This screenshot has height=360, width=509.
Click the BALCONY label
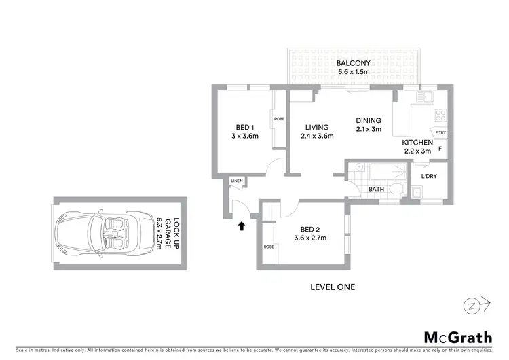[x=353, y=64]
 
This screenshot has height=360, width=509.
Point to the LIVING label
[x=317, y=127]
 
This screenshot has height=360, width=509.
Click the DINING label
[x=369, y=121]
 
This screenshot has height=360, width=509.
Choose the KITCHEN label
[x=417, y=142]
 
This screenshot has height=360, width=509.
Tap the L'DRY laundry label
[x=428, y=177]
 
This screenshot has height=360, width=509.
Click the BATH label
[x=377, y=190]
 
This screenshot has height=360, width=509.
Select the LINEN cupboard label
[x=237, y=181]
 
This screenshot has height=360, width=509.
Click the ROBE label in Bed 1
[x=279, y=119]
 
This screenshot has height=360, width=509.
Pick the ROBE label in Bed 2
[x=269, y=247]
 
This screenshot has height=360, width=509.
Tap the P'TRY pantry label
[x=431, y=132]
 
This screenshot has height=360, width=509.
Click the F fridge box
[x=440, y=148]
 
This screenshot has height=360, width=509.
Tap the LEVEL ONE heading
[x=332, y=287]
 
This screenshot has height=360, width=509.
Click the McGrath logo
[x=453, y=337]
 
